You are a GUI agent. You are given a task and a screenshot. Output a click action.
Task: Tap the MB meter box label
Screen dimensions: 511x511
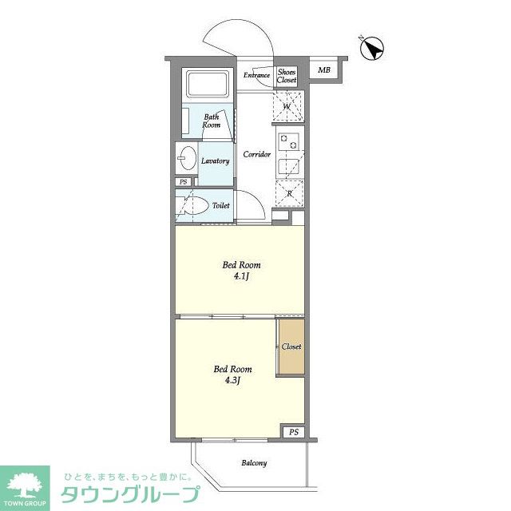click(324, 70)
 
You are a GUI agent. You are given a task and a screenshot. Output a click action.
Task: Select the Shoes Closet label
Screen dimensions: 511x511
click(287, 76)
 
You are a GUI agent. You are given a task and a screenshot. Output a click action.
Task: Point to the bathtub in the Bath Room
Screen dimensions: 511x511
click(208, 85)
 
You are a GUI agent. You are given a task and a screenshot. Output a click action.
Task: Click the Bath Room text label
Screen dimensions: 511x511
click(211, 121)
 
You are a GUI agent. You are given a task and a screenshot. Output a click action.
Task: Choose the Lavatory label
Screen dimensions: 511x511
click(216, 160)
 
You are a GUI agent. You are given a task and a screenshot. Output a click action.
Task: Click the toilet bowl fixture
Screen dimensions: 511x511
click(197, 204)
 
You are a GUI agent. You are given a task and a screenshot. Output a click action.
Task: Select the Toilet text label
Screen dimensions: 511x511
click(221, 205)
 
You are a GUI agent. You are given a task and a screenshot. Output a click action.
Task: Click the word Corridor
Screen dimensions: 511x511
click(256, 154)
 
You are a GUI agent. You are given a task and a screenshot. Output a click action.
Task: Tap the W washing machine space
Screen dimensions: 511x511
click(287, 105)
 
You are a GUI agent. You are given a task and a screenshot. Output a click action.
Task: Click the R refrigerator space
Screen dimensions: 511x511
click(288, 192)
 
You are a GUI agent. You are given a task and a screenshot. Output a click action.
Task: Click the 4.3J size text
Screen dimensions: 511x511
click(232, 380)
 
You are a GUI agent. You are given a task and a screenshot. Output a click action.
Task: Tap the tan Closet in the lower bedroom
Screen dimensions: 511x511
click(291, 347)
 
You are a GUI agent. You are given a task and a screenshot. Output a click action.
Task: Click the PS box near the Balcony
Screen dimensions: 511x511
click(294, 432)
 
